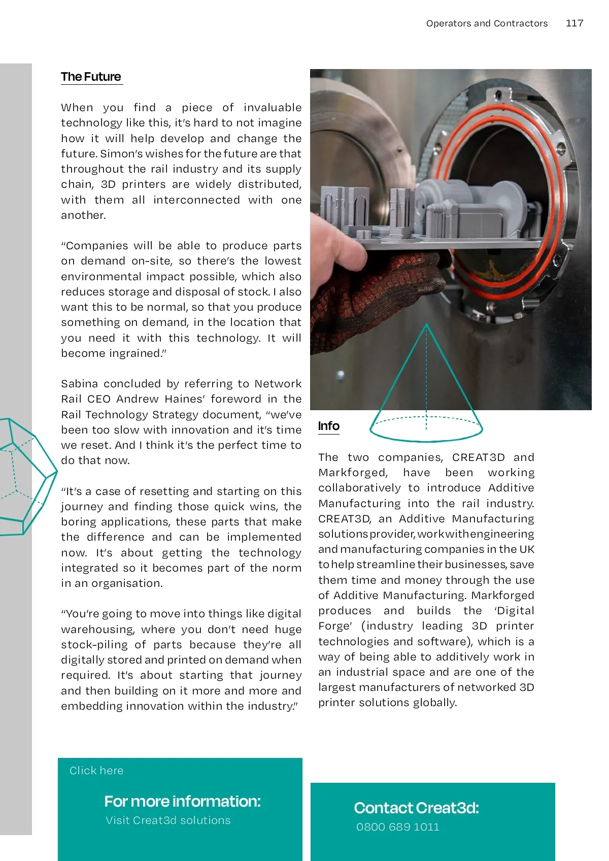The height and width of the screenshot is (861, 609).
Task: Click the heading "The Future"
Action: [x=91, y=77]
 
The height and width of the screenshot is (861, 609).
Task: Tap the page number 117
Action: [x=574, y=23]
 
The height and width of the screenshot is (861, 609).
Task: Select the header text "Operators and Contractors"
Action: [x=487, y=23]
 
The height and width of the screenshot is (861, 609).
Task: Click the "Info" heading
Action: [x=329, y=426]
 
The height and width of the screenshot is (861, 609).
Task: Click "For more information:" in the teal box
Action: [x=182, y=801]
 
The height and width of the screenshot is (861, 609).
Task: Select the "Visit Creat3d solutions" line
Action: [x=168, y=820]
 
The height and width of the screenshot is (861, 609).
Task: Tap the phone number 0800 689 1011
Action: [x=398, y=827]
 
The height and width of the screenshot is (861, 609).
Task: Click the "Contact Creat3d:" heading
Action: [x=416, y=808]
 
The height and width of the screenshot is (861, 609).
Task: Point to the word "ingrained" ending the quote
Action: [x=136, y=353]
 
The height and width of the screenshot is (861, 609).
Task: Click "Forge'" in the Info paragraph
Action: [x=335, y=626]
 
